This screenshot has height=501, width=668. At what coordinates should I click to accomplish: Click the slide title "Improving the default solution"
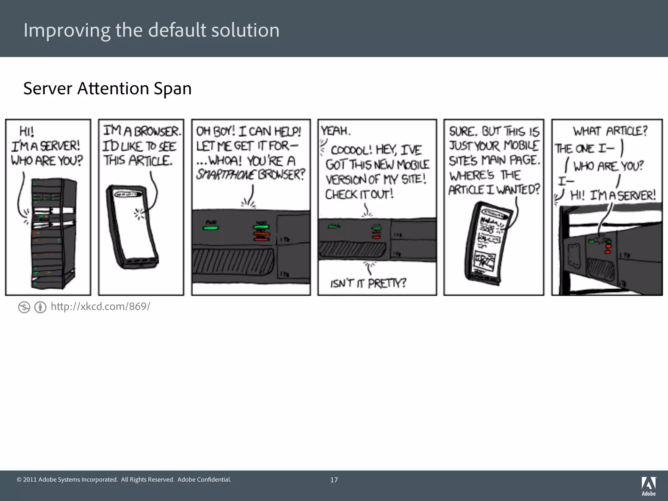[x=151, y=30]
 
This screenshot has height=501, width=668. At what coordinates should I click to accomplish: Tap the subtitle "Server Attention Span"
[x=107, y=88]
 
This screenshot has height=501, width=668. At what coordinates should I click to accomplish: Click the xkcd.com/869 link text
[x=100, y=307]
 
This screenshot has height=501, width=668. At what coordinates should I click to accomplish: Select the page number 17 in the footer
[x=334, y=480]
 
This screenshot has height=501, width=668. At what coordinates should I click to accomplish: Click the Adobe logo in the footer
[x=648, y=485]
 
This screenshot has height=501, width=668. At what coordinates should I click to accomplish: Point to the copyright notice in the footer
[x=124, y=479]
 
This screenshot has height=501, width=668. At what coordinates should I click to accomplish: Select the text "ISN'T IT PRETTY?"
[x=368, y=283]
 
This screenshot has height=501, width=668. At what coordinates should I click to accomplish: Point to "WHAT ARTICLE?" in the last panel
[x=610, y=131]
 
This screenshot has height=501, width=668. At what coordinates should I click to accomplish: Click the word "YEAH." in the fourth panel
[x=336, y=131]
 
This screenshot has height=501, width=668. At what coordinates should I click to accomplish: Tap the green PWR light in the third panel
[x=210, y=227]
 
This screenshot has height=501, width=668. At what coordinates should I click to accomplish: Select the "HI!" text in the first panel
[x=27, y=131]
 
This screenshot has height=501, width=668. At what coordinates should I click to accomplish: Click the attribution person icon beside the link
[x=40, y=307]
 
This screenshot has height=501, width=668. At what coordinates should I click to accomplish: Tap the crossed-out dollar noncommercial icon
[x=24, y=307]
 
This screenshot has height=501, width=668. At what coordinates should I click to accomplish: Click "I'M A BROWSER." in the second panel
[x=142, y=131]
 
